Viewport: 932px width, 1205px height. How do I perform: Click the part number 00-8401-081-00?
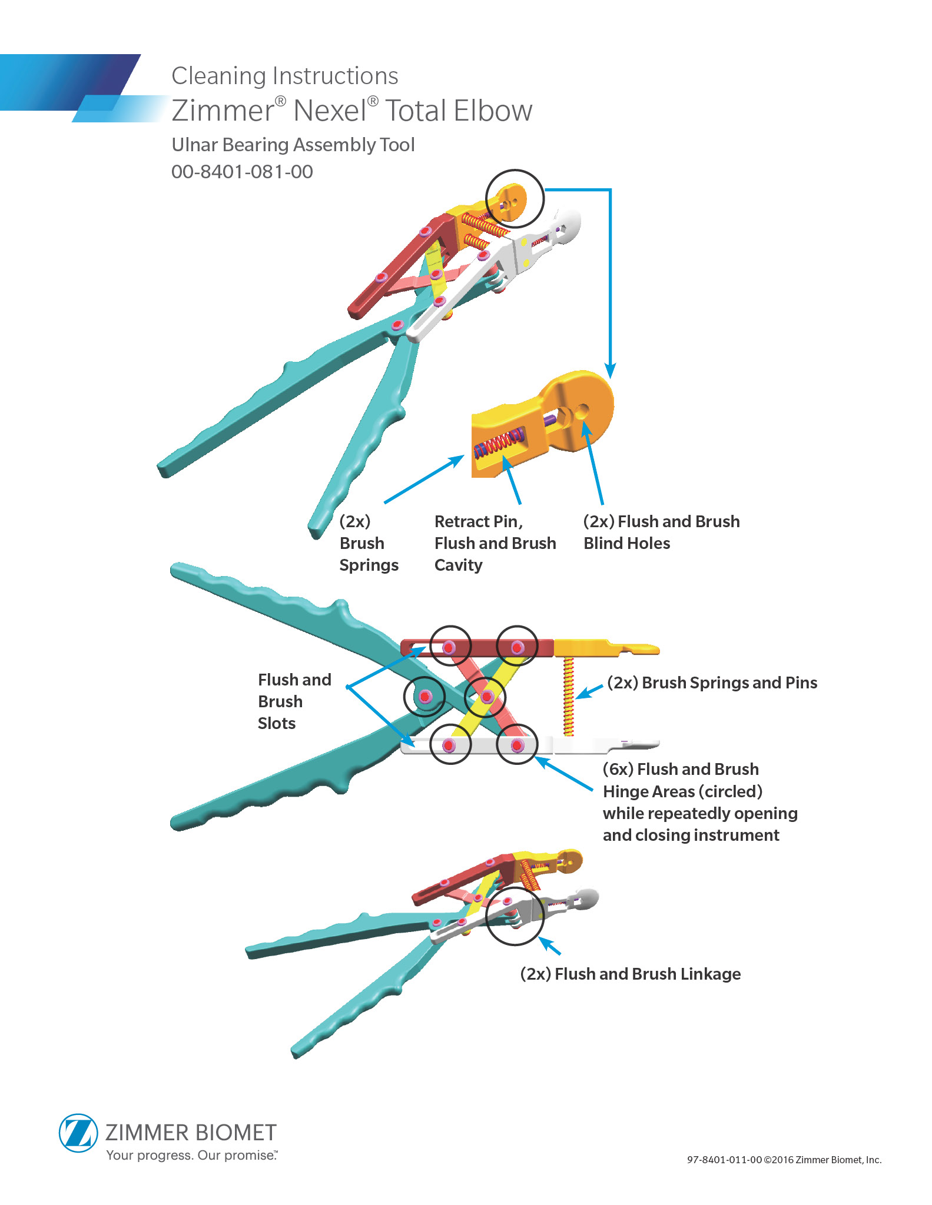pos(242,172)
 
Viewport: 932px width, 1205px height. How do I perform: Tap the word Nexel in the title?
pos(330,111)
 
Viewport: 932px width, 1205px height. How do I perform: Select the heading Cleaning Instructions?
pos(284,76)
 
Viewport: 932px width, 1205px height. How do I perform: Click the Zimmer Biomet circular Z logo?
pos(78,1133)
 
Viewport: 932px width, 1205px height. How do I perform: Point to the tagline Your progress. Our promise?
pos(191,1155)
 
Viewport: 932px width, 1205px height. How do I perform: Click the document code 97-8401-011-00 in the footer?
pos(724,1160)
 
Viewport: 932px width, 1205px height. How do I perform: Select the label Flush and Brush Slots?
pos(294,701)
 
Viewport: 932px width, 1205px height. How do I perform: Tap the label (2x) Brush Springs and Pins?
pos(712,683)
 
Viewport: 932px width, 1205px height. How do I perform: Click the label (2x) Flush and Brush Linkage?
pos(630,974)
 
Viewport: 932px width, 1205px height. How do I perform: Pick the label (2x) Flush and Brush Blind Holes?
pos(661,532)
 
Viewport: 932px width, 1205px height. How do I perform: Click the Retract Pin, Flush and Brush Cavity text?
pos(495,543)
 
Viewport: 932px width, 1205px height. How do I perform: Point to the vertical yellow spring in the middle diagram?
pos(568,697)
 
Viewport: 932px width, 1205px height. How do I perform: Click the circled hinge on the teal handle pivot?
pos(424,697)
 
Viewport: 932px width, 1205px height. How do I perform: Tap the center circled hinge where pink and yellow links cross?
pos(486,697)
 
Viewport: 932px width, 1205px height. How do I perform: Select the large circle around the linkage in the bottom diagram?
pos(514,916)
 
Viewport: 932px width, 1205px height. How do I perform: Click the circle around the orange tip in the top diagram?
pos(514,199)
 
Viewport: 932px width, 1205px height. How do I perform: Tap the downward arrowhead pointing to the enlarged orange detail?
pos(611,371)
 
